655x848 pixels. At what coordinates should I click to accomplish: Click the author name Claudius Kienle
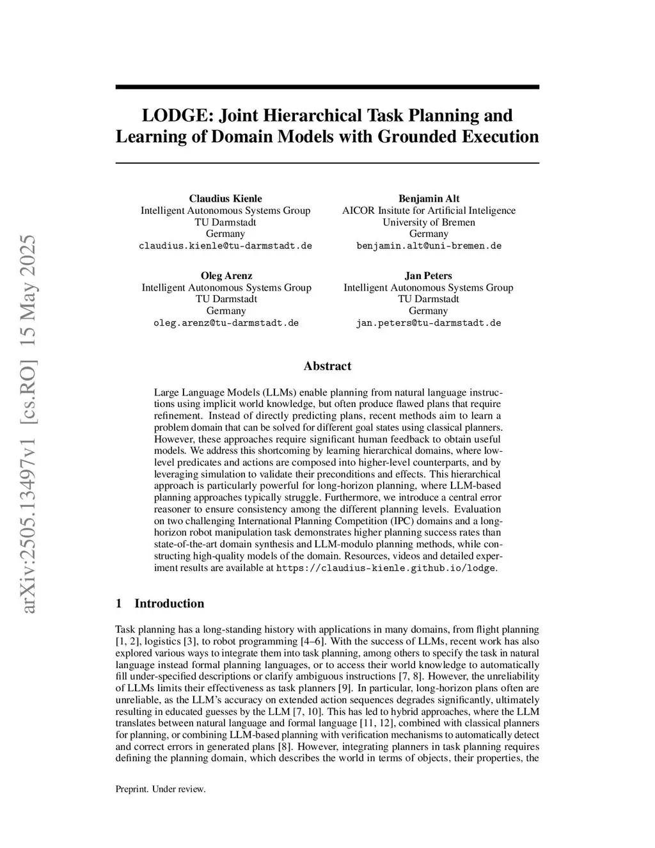pos(225,198)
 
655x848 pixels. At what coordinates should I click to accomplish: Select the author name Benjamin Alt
pos(429,198)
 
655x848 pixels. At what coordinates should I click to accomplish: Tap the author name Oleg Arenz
pos(226,276)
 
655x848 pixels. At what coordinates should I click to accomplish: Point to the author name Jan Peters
pos(428,276)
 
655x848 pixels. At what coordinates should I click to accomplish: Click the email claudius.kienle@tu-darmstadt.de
pos(225,246)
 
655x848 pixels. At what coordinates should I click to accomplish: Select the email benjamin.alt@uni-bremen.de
pos(429,246)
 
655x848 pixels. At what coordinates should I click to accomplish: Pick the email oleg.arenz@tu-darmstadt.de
pos(226,323)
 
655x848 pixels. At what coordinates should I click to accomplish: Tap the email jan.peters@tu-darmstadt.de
pos(428,323)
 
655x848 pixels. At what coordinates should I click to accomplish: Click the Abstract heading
pos(327,366)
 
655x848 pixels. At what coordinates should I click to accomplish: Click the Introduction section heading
pos(169,604)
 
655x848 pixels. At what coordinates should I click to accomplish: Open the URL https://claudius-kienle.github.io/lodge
pos(386,568)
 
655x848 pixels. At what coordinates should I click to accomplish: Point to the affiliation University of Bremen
pos(429,222)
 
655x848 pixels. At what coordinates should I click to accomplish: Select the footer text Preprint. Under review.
pos(161,789)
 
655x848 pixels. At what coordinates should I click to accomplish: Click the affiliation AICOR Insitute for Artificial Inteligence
pos(429,211)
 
